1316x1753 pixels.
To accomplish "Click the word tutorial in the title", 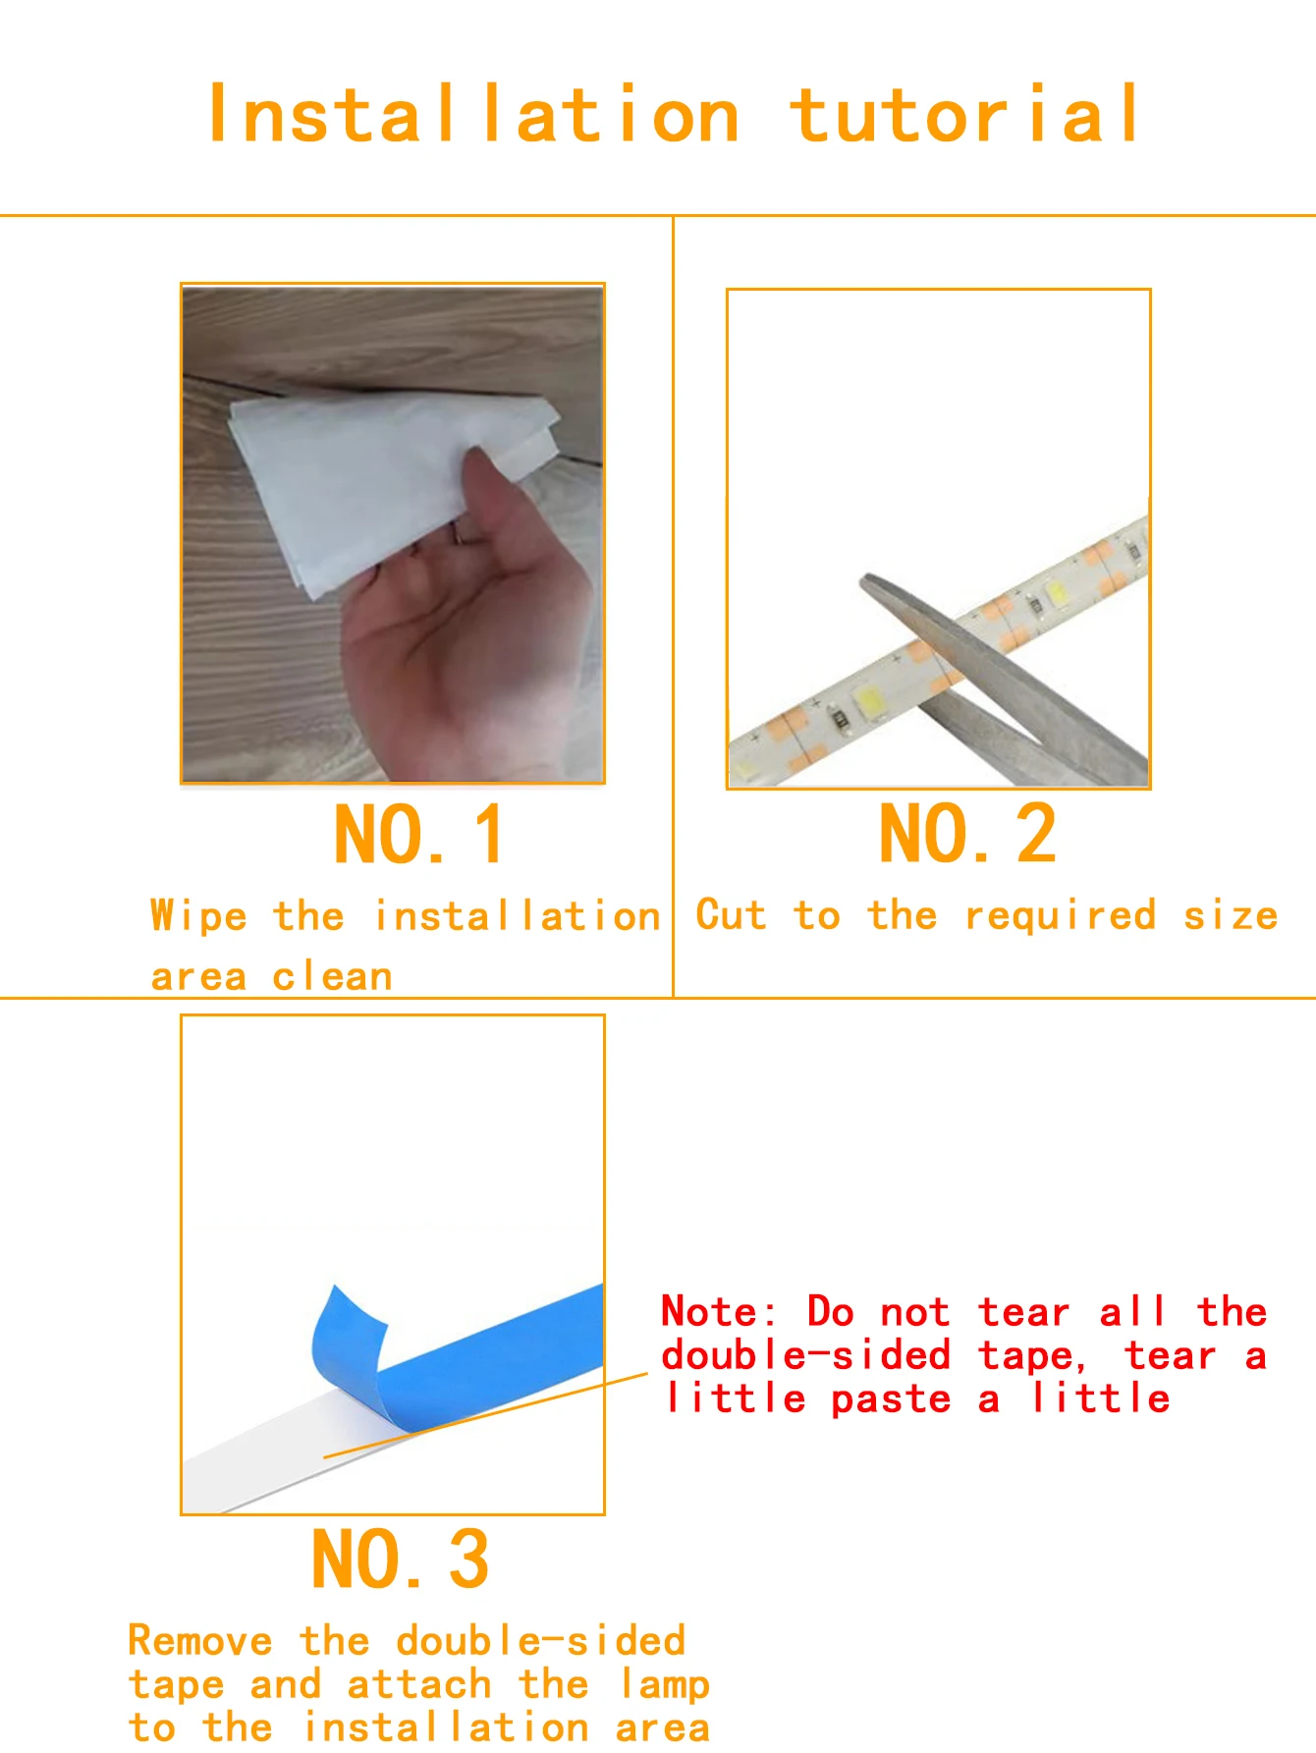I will pos(965,116).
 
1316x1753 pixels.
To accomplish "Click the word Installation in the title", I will pos(473,116).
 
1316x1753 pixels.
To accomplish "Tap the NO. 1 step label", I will pos(419,836).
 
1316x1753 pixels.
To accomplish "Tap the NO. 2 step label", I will pos(967,835).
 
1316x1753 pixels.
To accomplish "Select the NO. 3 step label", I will pos(400,1560).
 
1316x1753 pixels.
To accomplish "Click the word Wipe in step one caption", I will pos(198,916).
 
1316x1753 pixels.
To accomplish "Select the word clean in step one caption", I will pos(332,977).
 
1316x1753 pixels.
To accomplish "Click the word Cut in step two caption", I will pos(731,915).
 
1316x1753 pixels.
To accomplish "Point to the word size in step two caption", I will pos(1230,916).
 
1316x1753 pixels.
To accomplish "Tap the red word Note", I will pos(718,1312).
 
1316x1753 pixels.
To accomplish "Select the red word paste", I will pos(891,1399).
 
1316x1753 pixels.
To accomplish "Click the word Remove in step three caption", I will pos(200,1641).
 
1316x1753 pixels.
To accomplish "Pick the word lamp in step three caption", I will pos(664,1685).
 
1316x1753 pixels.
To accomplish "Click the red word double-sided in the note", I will pos(805,1356).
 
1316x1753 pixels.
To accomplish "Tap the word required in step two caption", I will pos(1060,916).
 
